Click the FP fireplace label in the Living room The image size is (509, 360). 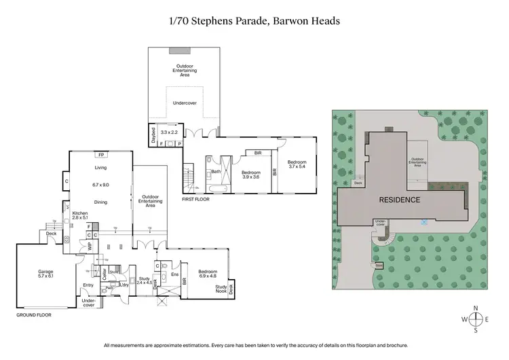(100, 154)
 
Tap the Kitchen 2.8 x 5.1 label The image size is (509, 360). (80, 216)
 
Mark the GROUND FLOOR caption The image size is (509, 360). (33, 315)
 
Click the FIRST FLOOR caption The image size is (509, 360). (197, 200)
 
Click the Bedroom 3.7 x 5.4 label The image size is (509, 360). (297, 164)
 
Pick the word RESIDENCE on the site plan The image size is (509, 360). (400, 200)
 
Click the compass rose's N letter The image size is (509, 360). (476, 308)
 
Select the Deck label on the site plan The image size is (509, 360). (359, 183)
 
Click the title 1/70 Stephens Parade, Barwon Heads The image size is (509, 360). (254, 21)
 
